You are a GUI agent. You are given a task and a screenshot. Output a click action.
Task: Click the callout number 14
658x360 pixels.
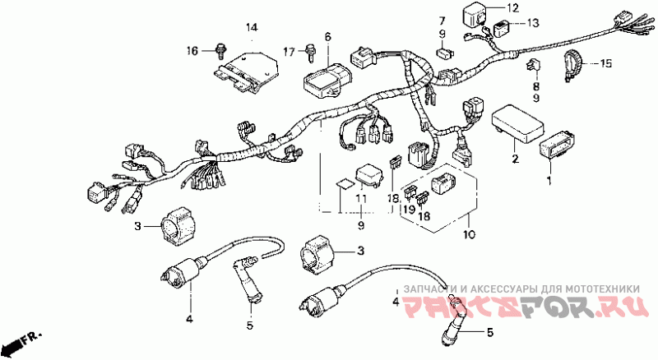click(x=252, y=28)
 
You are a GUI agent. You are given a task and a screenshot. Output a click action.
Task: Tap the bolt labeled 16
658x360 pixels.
click(x=220, y=51)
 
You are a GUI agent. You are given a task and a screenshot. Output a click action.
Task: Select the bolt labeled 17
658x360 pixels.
click(x=310, y=53)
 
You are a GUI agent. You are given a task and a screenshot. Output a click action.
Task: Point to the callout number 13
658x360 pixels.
click(x=532, y=23)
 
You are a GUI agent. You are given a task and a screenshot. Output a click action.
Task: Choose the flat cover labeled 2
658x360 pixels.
click(x=518, y=123)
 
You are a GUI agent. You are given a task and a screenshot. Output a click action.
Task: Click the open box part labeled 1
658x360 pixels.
click(x=557, y=145)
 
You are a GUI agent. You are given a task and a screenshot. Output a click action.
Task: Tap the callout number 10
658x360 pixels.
click(x=470, y=234)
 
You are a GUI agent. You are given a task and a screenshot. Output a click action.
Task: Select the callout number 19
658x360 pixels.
click(x=410, y=209)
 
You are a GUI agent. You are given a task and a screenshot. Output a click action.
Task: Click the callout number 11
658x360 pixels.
click(x=361, y=199)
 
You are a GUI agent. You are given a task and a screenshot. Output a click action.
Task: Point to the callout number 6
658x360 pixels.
click(x=327, y=36)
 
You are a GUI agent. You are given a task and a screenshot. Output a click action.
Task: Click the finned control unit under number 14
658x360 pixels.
click(x=246, y=72)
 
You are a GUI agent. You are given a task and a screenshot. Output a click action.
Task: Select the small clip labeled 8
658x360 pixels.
click(x=533, y=66)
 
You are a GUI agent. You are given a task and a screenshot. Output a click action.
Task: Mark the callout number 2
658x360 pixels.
click(x=515, y=159)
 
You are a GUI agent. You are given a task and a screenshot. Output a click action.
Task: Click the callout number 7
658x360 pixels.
click(x=442, y=21)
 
